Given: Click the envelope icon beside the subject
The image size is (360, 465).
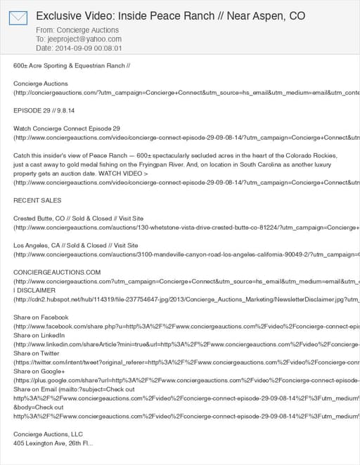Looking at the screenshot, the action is coord(18,18).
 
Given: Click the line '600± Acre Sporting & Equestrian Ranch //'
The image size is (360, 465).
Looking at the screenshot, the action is coord(72,66).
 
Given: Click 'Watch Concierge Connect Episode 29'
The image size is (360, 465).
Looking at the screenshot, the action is coord(67,129).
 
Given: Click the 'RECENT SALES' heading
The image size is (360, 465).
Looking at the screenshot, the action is coord(37,200).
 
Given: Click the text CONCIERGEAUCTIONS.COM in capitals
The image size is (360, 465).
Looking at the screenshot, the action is coord(57,272).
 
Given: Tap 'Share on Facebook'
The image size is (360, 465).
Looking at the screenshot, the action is coord(41,317).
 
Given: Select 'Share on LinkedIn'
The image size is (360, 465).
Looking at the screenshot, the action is coord(40,335).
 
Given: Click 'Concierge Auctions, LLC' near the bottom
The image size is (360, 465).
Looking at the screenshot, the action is coord(48,434).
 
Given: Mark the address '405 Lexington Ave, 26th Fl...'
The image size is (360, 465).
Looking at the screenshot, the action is coord(53,443).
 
